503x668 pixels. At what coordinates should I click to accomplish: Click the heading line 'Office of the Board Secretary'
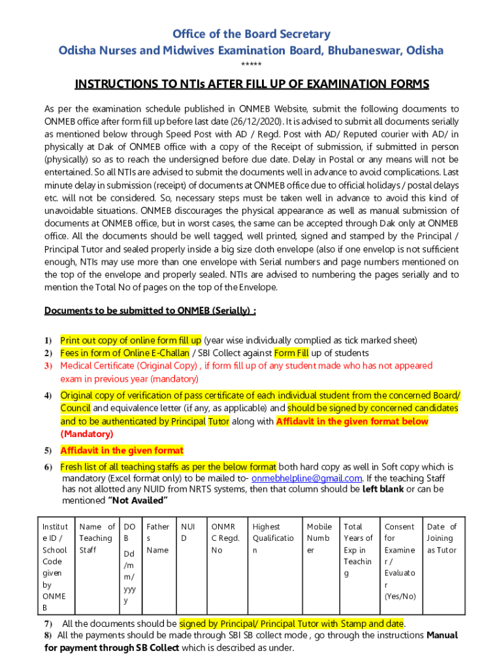pyautogui.click(x=252, y=34)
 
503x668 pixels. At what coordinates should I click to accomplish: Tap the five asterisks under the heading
pyautogui.click(x=252, y=65)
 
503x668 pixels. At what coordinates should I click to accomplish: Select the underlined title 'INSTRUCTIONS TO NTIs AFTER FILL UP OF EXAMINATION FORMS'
pyautogui.click(x=252, y=84)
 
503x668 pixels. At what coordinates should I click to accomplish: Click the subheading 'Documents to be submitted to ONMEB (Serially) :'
pyautogui.click(x=150, y=311)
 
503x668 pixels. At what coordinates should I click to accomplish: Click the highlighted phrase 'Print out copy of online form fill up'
pyautogui.click(x=131, y=341)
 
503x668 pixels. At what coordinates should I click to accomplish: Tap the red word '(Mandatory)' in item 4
pyautogui.click(x=87, y=434)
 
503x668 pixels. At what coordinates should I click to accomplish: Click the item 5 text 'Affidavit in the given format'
pyautogui.click(x=122, y=451)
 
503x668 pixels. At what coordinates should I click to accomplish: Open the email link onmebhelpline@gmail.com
pyautogui.click(x=316, y=478)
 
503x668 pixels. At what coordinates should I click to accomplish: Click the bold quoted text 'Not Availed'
pyautogui.click(x=138, y=500)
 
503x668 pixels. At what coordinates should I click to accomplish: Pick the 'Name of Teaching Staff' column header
pyautogui.click(x=97, y=538)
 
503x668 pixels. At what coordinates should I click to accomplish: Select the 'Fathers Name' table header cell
pyautogui.click(x=157, y=538)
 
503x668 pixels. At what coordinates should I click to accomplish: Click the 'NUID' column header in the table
pyautogui.click(x=188, y=532)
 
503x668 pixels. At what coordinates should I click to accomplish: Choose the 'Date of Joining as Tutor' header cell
pyautogui.click(x=442, y=538)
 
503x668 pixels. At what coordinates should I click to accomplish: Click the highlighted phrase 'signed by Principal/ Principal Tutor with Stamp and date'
pyautogui.click(x=291, y=624)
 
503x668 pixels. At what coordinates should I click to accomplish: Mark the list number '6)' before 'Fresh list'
pyautogui.click(x=48, y=467)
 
